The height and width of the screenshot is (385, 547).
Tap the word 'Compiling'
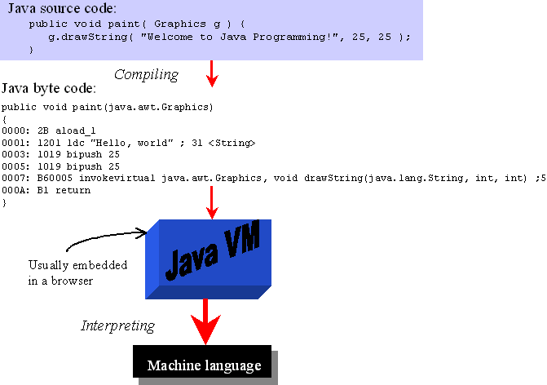click(146, 75)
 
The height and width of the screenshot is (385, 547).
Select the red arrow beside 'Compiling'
click(212, 73)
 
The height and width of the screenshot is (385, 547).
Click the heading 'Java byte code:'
click(50, 88)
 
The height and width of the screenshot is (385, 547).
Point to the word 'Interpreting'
click(117, 326)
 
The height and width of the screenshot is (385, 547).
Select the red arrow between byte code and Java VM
click(212, 201)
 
